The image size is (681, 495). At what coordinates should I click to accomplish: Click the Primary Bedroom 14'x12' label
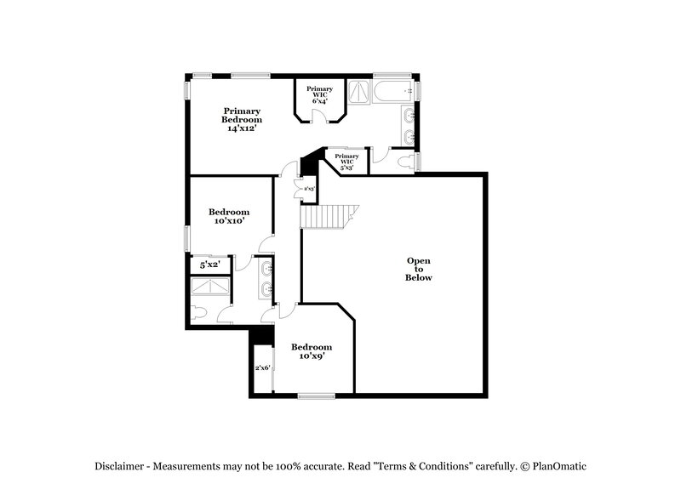tap(242, 120)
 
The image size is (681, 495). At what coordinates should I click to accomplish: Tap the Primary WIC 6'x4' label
tap(319, 94)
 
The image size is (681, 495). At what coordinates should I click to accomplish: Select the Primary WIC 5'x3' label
tap(346, 162)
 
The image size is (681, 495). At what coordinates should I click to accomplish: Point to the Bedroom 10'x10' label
tap(229, 216)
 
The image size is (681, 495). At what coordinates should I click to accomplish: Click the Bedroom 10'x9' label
tap(311, 351)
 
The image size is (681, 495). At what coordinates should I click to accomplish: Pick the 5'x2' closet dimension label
tap(209, 265)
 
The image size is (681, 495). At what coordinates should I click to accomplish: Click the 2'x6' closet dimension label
tap(262, 368)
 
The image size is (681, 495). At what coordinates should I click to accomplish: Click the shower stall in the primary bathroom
tap(360, 91)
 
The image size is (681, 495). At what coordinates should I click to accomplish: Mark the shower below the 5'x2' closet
tap(209, 289)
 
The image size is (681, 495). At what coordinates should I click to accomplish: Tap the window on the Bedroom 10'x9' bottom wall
tap(316, 395)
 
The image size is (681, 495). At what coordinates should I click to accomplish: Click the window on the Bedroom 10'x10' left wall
tap(188, 239)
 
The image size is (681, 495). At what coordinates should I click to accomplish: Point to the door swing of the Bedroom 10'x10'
tap(266, 244)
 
